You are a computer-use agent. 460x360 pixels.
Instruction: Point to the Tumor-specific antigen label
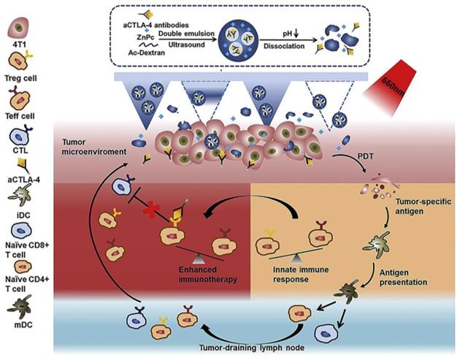[413, 205]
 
